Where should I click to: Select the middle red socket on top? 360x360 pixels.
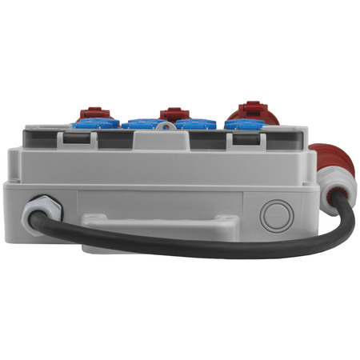[x=172, y=114]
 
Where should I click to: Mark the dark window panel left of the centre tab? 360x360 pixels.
[x=112, y=141]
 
